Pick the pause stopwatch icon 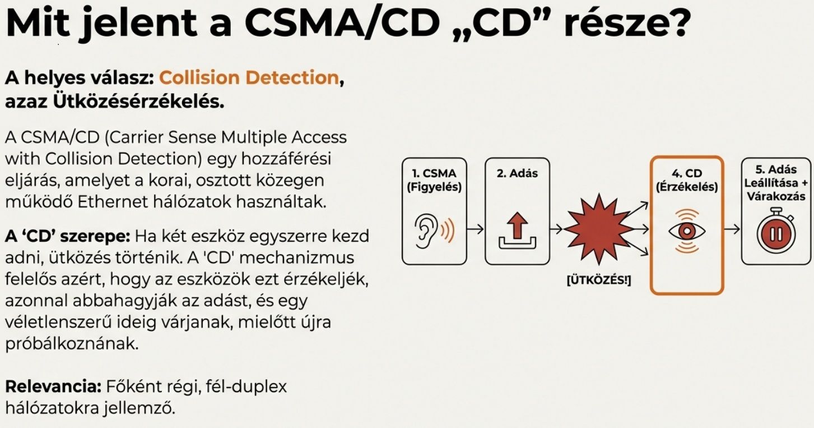click(775, 232)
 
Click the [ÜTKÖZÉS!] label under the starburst click(598, 280)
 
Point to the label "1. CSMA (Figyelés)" click(434, 180)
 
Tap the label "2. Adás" click(517, 173)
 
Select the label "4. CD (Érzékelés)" click(686, 180)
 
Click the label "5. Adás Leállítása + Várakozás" click(775, 182)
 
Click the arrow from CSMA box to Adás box click(475, 229)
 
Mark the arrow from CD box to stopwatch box click(732, 229)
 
